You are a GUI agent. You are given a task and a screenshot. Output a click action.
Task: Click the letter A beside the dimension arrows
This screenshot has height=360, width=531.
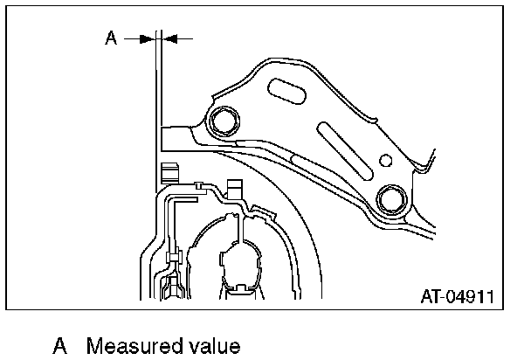click(x=111, y=38)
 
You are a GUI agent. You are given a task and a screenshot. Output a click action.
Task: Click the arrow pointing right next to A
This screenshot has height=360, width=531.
click(x=139, y=38)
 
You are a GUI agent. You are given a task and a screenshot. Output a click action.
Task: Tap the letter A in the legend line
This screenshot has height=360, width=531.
click(x=60, y=346)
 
